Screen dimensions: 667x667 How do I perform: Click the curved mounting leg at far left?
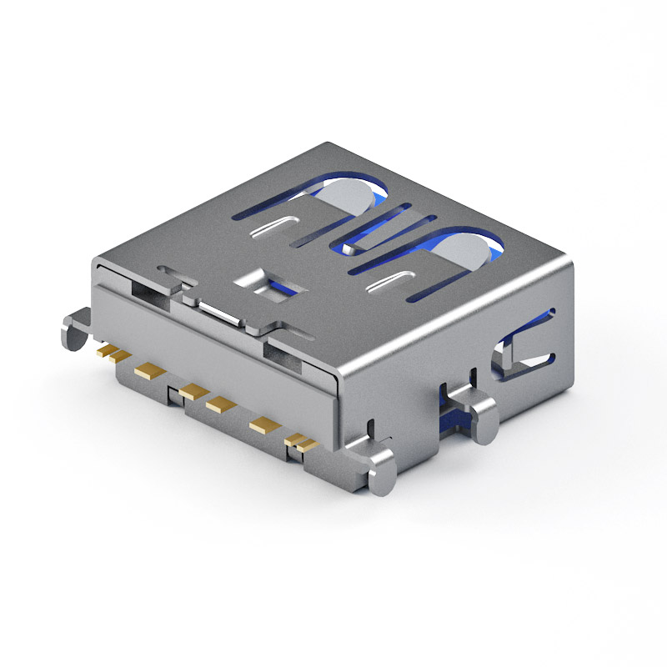tap(73, 328)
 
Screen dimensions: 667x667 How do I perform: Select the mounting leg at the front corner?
tap(383, 471)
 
